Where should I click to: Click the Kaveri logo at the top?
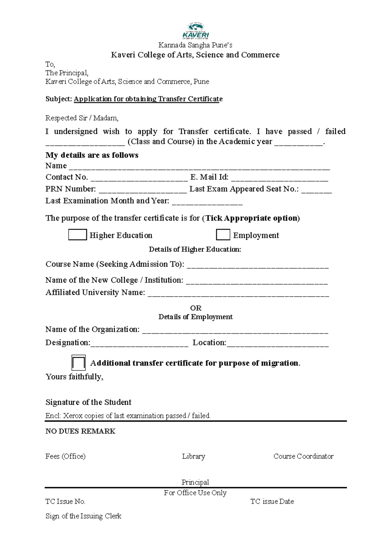pos(195,31)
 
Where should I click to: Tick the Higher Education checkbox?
pos(77,235)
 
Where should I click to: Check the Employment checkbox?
pos(223,235)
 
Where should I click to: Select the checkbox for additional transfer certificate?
pos(78,363)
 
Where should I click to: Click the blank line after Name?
pos(199,167)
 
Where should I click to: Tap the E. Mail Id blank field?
pos(280,179)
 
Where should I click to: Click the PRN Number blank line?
pos(143,190)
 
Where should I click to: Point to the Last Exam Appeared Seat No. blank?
pos(316,190)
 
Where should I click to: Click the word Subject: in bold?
pos(59,99)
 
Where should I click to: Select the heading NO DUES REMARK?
pos(80,431)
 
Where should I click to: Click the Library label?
pos(194,456)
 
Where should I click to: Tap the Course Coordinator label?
pos(303,456)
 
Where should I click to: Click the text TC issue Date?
pos(272,502)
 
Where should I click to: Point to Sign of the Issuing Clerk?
pos(83,516)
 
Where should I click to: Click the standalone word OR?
pos(196,308)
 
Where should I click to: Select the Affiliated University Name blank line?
pos(238,294)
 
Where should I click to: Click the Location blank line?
pos(277,344)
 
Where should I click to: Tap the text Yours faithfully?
pos(74,377)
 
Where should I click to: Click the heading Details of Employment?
pos(195,317)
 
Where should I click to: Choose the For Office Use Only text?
pos(195,493)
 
